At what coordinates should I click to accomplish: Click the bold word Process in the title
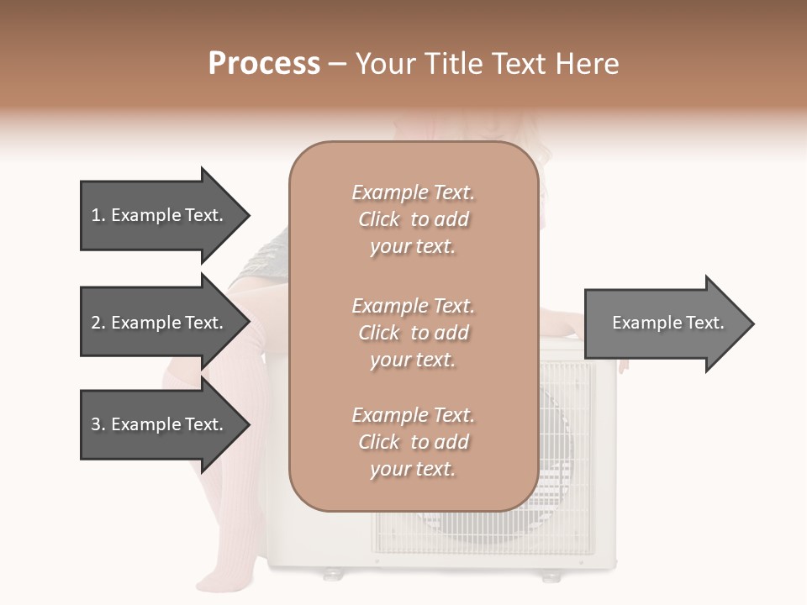264,64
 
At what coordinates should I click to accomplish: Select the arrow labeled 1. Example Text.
160,215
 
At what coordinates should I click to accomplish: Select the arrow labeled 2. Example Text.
160,323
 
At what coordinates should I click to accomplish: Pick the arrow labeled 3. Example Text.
160,424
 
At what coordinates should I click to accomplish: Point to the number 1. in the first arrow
98,215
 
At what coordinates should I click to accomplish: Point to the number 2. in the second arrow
98,323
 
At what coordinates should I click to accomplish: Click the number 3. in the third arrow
98,424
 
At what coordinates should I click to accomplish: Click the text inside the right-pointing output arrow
667,323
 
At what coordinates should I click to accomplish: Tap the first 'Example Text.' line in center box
413,192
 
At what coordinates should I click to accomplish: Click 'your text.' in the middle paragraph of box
413,360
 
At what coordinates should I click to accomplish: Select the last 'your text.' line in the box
413,469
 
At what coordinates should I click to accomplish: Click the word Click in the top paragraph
379,219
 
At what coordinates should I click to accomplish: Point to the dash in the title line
338,64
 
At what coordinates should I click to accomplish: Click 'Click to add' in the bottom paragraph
413,442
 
